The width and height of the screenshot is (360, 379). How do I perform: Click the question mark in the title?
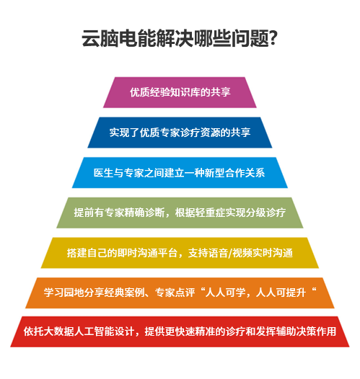coord(273,38)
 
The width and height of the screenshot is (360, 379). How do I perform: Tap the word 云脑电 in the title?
coord(110,38)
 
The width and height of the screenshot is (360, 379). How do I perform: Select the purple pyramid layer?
coord(180,92)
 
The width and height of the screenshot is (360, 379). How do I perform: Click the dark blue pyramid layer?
coord(180,133)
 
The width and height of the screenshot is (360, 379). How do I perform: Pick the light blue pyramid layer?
coord(180,173)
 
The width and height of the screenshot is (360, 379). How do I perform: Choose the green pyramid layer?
coord(180,213)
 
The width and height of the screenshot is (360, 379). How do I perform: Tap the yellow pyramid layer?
coord(180,253)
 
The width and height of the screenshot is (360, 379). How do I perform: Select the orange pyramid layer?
coord(180,293)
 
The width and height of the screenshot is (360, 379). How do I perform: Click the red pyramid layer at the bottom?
coord(180,331)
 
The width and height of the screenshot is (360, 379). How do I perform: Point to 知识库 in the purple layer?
coord(185,92)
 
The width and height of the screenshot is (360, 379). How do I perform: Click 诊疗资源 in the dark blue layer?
coord(200,133)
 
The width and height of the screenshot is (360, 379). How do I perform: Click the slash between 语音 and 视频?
coord(230,253)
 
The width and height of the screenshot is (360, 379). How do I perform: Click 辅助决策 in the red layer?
coord(296,331)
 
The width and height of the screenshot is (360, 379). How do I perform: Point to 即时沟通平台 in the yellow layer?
coord(147,253)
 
